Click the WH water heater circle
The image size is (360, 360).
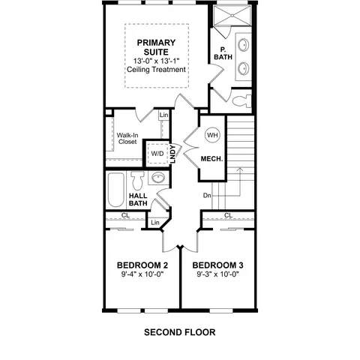pos(212,135)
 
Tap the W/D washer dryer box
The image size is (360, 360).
pos(157,154)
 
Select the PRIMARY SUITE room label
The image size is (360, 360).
pos(156,47)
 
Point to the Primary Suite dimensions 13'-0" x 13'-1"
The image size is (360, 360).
pos(157,61)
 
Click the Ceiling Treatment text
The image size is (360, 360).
pos(156,69)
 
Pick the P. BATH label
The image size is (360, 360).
pos(223,53)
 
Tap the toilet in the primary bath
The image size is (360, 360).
pos(241,101)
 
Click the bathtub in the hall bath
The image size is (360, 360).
pos(116,190)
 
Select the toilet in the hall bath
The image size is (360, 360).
pos(137,180)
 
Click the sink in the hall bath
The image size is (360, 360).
pos(158,178)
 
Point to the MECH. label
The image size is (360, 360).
pos(211,159)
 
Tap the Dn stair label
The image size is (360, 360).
pos(207,196)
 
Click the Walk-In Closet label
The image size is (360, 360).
pos(127,139)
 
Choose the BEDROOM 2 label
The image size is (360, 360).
pos(142,265)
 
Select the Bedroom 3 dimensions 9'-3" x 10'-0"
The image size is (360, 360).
pos(218,274)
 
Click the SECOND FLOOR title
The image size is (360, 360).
pos(180,332)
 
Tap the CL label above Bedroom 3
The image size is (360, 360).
pos(228,215)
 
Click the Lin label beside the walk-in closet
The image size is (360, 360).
pos(164,115)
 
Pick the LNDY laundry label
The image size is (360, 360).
pos(172,154)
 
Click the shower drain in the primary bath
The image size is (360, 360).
pos(232,16)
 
